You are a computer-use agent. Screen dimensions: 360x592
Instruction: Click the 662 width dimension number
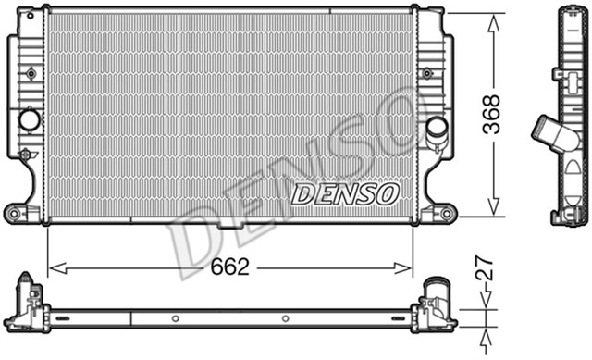(x=230, y=268)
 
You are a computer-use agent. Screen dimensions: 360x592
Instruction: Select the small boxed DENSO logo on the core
(x=345, y=194)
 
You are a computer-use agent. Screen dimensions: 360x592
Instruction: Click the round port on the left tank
(x=29, y=119)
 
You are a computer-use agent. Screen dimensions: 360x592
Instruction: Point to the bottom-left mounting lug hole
(x=14, y=214)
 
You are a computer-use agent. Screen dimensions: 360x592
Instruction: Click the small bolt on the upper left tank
(x=31, y=72)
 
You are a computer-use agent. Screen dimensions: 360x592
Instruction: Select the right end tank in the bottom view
(x=434, y=308)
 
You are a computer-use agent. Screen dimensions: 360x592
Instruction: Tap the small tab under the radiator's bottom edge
(x=229, y=225)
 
